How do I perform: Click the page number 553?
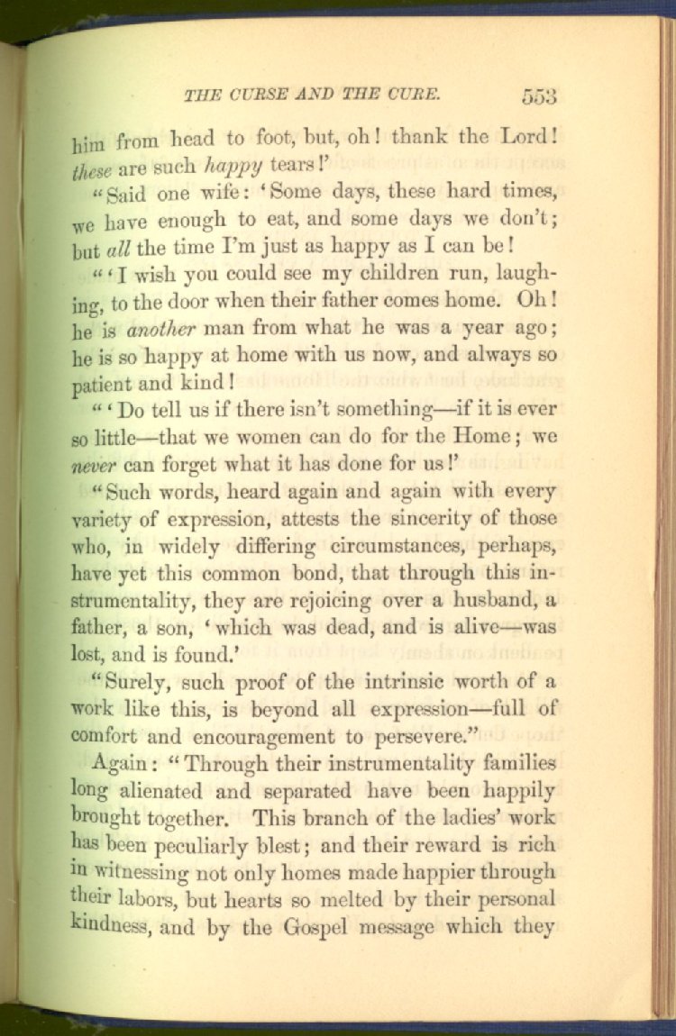click(x=538, y=96)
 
